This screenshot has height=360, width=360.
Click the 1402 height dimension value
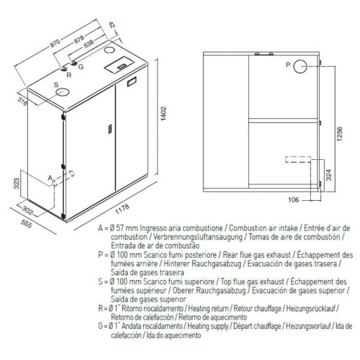(163, 114)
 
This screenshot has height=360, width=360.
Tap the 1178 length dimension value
(122, 209)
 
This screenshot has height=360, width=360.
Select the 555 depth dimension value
(27, 224)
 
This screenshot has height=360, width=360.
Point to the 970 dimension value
(55, 43)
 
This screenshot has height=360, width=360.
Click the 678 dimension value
(79, 39)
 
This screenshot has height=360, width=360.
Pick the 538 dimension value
(88, 44)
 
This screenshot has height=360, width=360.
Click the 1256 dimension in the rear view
(340, 134)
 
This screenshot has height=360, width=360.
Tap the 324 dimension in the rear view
(329, 175)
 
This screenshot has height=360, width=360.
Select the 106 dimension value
(293, 199)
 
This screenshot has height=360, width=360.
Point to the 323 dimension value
(17, 184)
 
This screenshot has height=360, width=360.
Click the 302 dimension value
(27, 210)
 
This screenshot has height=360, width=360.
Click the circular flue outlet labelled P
(300, 66)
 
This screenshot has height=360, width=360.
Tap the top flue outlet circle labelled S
(63, 92)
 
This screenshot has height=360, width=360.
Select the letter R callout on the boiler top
(69, 75)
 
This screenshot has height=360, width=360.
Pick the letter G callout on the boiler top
(81, 66)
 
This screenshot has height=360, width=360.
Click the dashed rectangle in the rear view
(298, 159)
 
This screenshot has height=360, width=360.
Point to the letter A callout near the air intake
(50, 178)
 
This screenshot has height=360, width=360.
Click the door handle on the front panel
(110, 129)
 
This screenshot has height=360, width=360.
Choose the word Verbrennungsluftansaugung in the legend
(198, 237)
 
